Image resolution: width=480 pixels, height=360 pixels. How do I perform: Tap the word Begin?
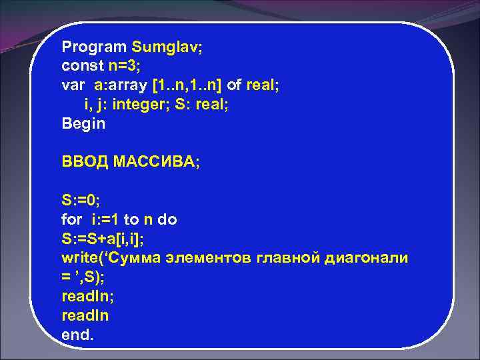[83, 123]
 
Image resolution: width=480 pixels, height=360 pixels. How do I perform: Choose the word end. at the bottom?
[78, 335]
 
